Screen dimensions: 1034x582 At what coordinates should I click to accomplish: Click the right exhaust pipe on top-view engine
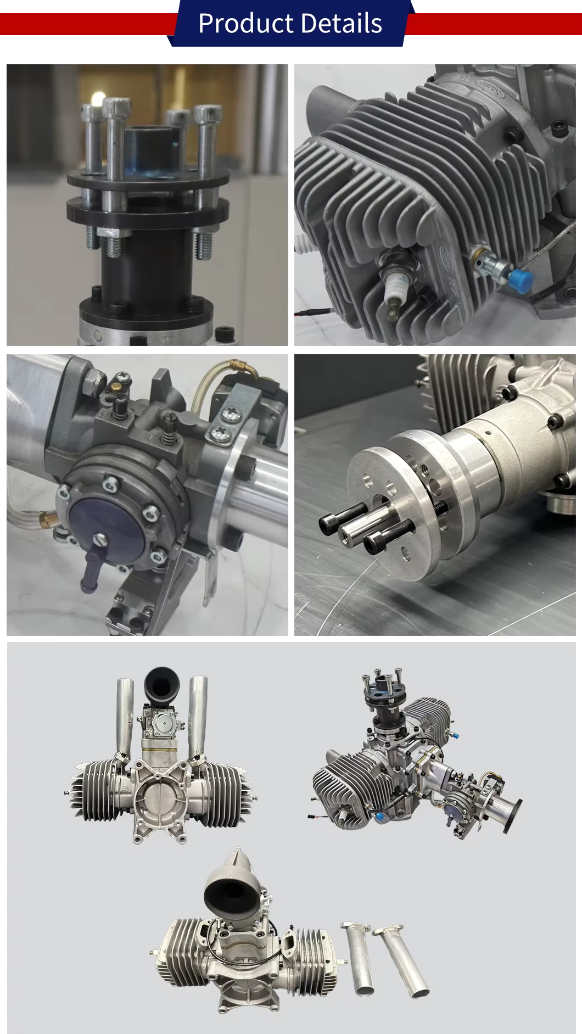pyautogui.click(x=198, y=717)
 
